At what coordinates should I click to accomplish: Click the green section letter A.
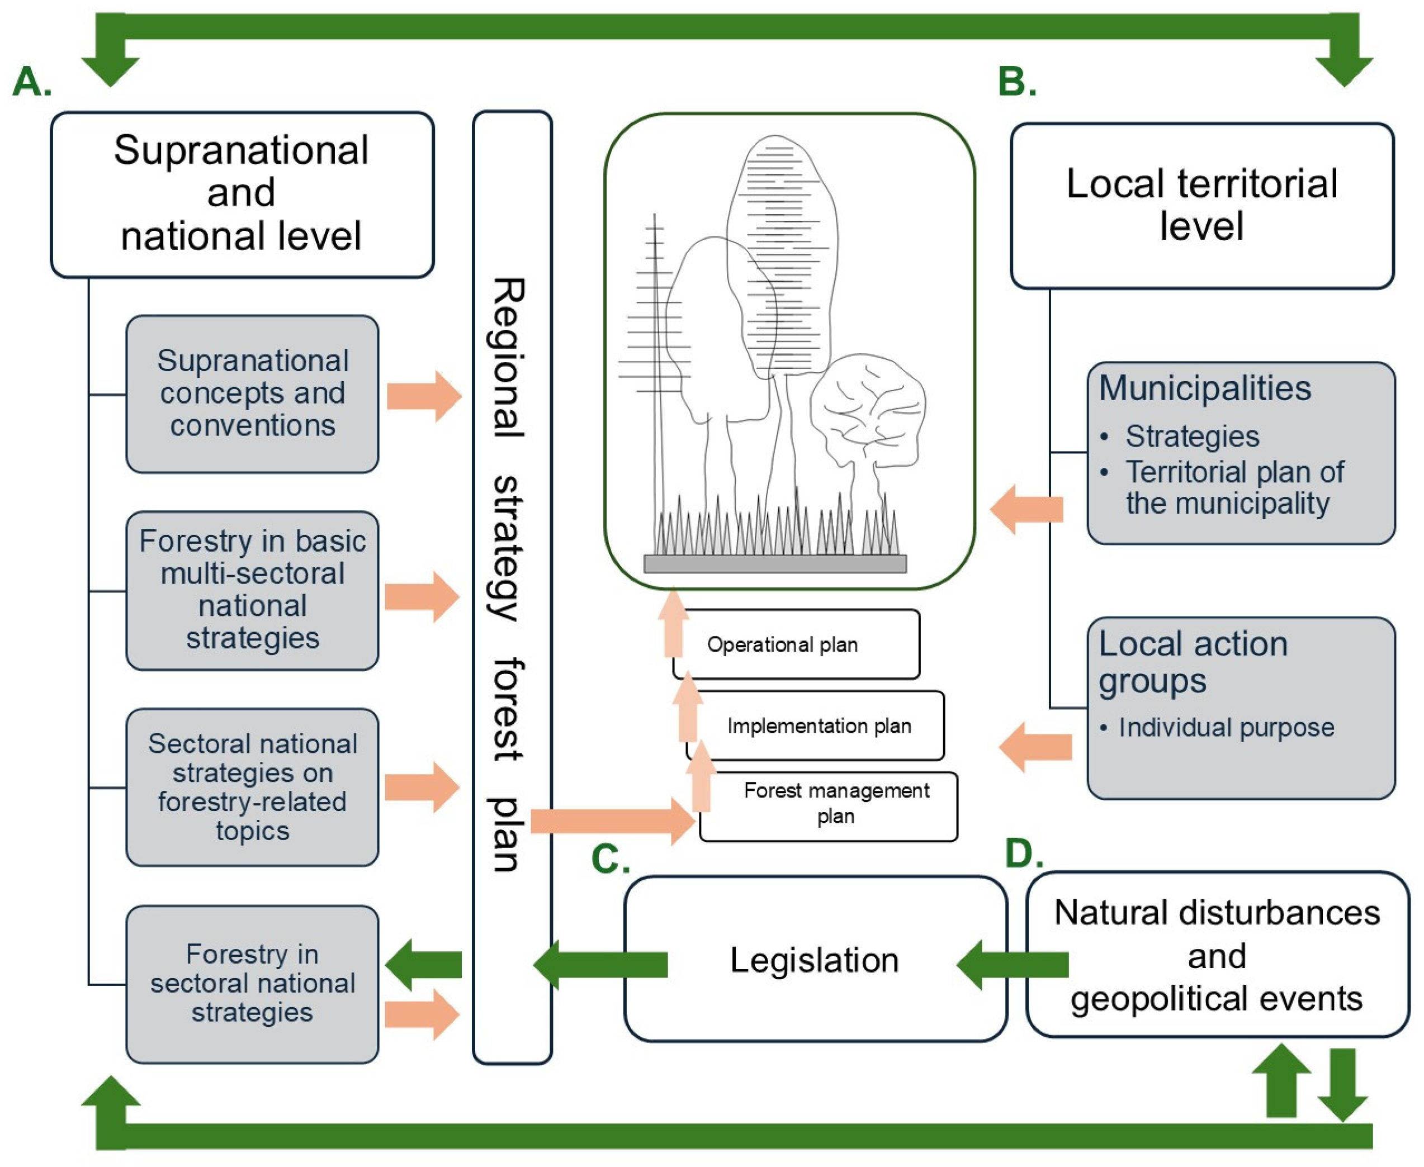tap(32, 82)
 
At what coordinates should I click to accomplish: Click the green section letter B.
tap(1016, 82)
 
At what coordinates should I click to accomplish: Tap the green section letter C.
tap(610, 859)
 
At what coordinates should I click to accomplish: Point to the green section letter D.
tap(1023, 853)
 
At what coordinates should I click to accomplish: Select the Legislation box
tap(815, 959)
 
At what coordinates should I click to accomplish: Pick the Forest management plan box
tap(836, 804)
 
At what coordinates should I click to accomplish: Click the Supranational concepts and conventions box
tap(252, 394)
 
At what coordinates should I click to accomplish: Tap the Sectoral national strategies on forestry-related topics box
tap(252, 787)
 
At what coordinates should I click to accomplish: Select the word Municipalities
tap(1205, 388)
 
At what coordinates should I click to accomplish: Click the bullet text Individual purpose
tap(1226, 727)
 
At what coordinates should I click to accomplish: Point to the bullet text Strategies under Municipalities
tap(1192, 437)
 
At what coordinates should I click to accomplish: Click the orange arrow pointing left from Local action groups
tap(1035, 747)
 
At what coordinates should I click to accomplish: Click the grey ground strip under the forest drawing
tap(774, 563)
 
